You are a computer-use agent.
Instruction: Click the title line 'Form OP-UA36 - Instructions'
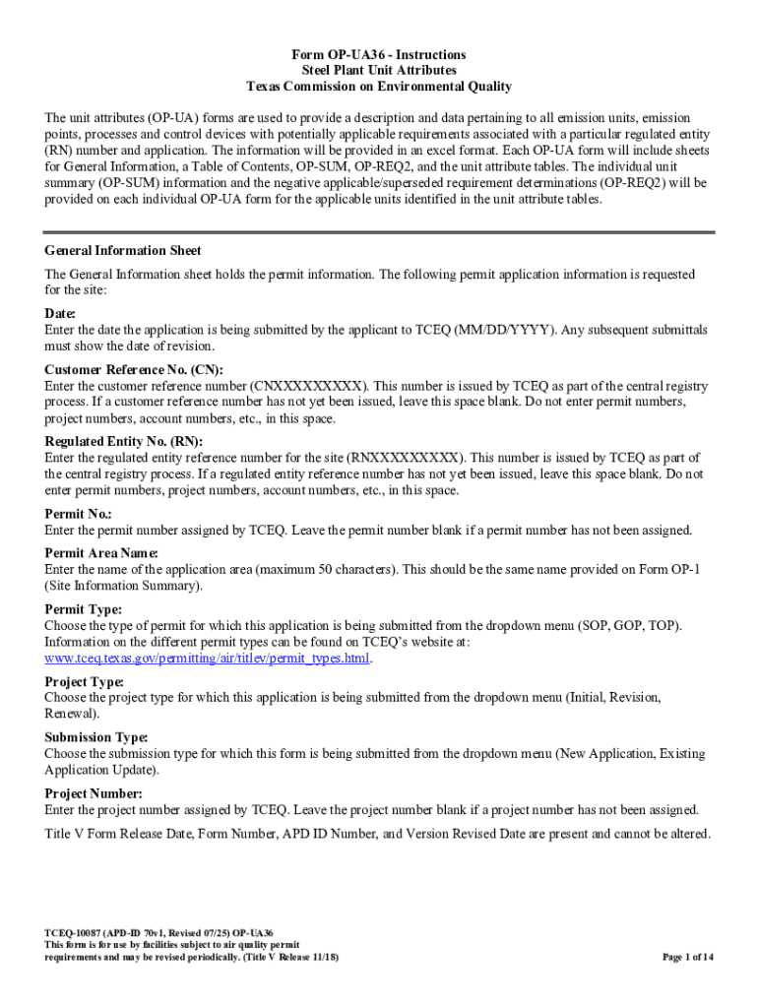(379, 55)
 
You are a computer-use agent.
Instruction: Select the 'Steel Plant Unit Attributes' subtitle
(379, 71)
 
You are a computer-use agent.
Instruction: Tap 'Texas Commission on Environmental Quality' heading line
(379, 87)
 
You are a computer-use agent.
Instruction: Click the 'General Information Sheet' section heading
(123, 251)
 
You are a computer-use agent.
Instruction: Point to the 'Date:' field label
(60, 314)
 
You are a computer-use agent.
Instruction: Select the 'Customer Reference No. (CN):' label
(134, 370)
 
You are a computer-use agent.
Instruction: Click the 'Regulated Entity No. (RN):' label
(123, 442)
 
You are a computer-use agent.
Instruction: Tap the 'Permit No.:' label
(79, 514)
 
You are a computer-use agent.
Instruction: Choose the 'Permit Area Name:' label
(101, 553)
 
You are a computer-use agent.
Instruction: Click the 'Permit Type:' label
(84, 609)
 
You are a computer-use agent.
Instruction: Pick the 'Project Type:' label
(85, 681)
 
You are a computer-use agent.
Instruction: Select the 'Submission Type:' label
(96, 737)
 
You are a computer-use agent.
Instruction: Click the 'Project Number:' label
(94, 793)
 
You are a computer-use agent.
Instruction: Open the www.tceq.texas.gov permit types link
(208, 658)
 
